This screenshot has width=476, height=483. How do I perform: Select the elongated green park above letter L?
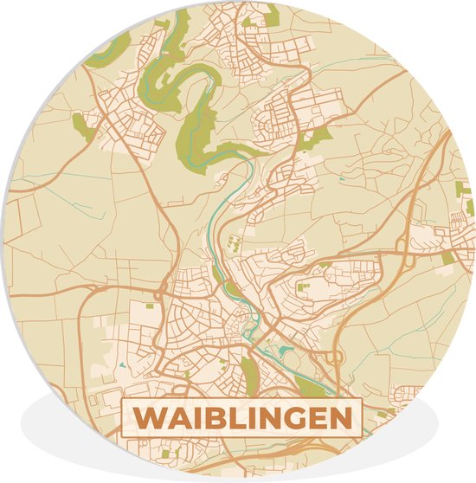(x=250, y=372)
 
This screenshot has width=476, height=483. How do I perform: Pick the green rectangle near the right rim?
(x=447, y=258)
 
